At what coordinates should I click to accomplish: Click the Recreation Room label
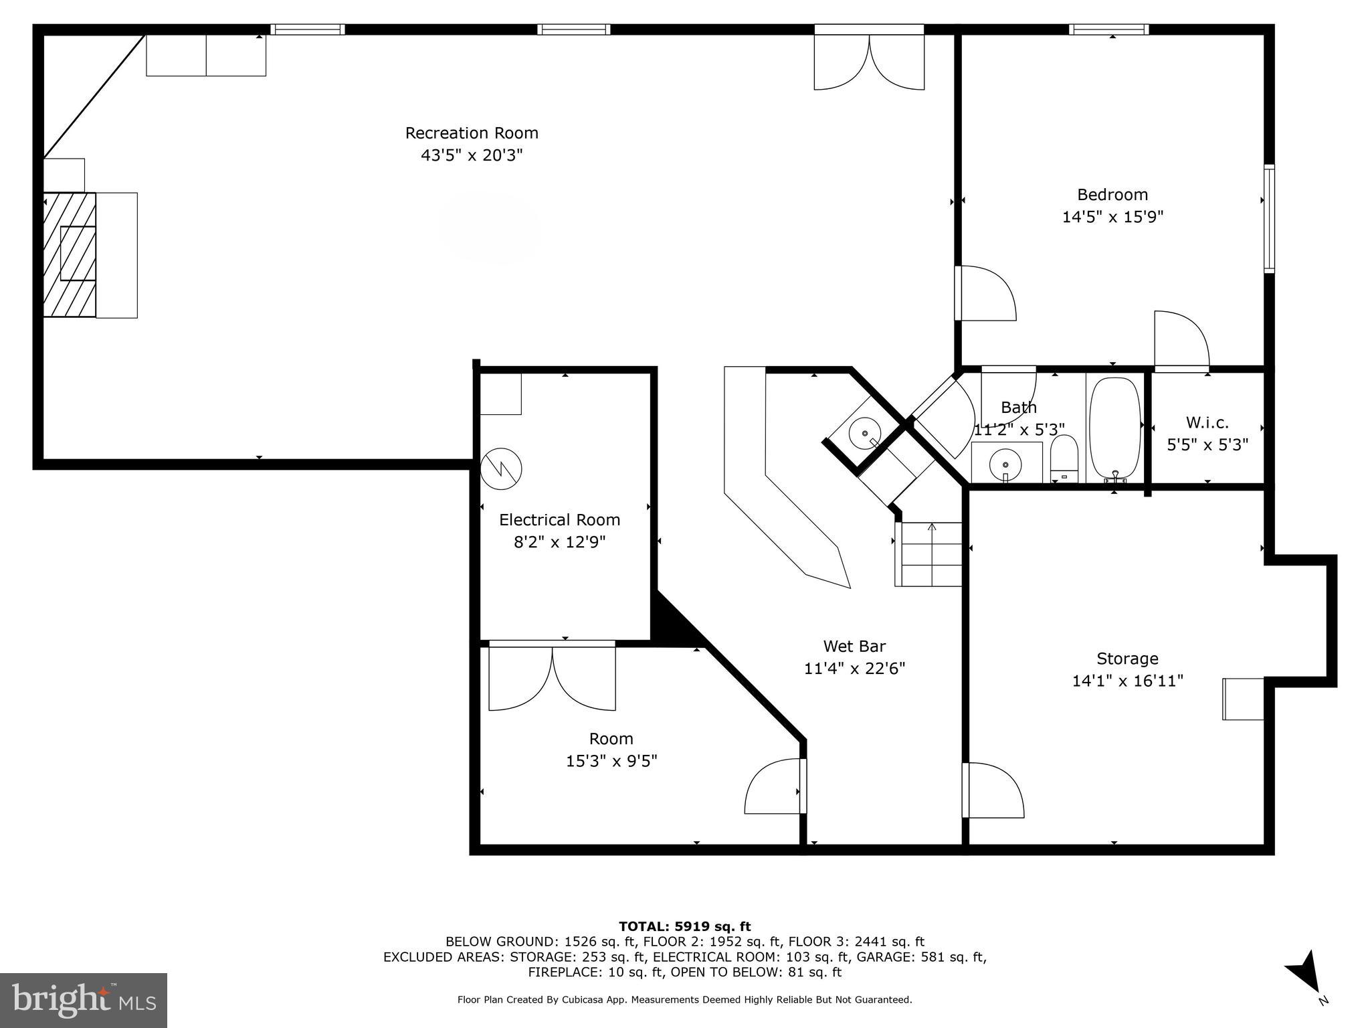(472, 133)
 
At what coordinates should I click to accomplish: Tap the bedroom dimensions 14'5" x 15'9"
(1112, 217)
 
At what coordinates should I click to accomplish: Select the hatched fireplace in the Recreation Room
(69, 254)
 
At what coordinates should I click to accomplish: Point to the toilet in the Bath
(1064, 458)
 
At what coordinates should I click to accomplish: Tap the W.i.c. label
(1207, 422)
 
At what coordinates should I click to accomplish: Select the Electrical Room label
(559, 520)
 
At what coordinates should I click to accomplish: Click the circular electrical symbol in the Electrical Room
(501, 468)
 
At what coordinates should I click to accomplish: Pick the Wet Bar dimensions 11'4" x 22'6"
(854, 669)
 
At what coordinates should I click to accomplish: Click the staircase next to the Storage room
(928, 554)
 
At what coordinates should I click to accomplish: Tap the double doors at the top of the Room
(552, 676)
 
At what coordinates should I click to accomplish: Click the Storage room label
(1127, 659)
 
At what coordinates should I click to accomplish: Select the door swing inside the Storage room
(993, 790)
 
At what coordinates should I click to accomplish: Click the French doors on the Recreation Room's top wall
(869, 60)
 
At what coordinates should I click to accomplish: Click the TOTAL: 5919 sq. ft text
(684, 926)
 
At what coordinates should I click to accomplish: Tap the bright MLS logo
(83, 1000)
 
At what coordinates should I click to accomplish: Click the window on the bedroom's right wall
(1268, 218)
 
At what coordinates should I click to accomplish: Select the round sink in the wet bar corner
(864, 433)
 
